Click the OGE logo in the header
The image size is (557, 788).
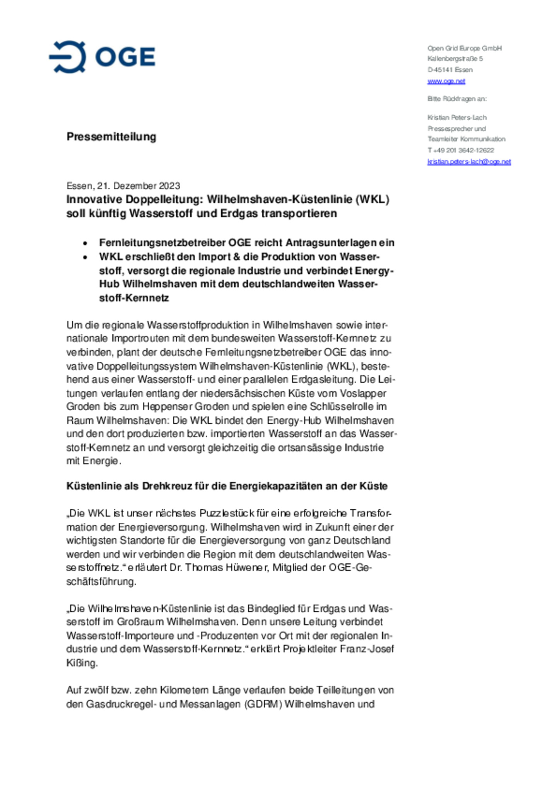102,57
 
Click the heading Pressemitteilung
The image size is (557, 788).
111,136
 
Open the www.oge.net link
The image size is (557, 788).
446,81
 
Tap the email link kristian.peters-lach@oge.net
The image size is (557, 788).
469,162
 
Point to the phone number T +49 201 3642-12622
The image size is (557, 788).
460,150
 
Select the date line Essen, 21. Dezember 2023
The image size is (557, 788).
123,186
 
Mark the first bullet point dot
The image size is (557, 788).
85,243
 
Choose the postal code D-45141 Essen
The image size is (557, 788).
450,70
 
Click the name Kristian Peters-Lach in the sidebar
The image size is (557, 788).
457,118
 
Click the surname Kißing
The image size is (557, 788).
82,663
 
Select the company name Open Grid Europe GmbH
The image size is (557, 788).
464,48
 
